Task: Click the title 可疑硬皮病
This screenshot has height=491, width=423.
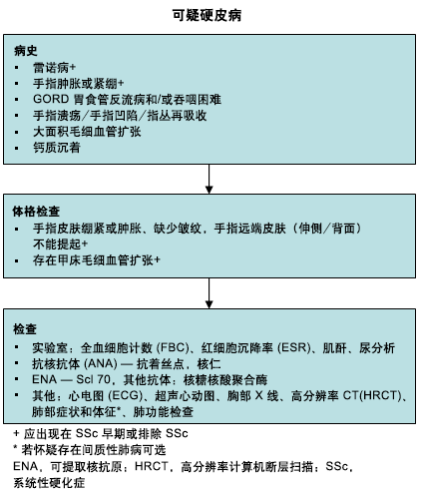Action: tap(207, 15)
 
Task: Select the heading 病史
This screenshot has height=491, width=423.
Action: tap(25, 51)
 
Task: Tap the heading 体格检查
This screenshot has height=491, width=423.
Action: tap(36, 212)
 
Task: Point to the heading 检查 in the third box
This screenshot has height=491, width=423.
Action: tap(25, 329)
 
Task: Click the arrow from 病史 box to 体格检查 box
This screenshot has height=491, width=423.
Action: tap(209, 179)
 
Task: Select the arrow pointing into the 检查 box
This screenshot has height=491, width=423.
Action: tap(209, 293)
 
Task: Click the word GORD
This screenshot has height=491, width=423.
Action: tap(51, 99)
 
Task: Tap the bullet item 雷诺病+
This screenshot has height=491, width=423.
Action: tap(54, 68)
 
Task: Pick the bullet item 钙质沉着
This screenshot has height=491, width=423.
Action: tap(57, 148)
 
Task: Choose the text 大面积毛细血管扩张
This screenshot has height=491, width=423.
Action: tap(87, 132)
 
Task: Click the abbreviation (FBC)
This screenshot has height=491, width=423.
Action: tap(173, 347)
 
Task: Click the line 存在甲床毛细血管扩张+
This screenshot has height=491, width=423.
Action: tap(97, 260)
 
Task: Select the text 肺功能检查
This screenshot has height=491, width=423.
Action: tap(163, 411)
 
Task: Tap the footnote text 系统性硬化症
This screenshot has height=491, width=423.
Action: tap(49, 482)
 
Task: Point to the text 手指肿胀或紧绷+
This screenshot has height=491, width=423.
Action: tap(79, 83)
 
